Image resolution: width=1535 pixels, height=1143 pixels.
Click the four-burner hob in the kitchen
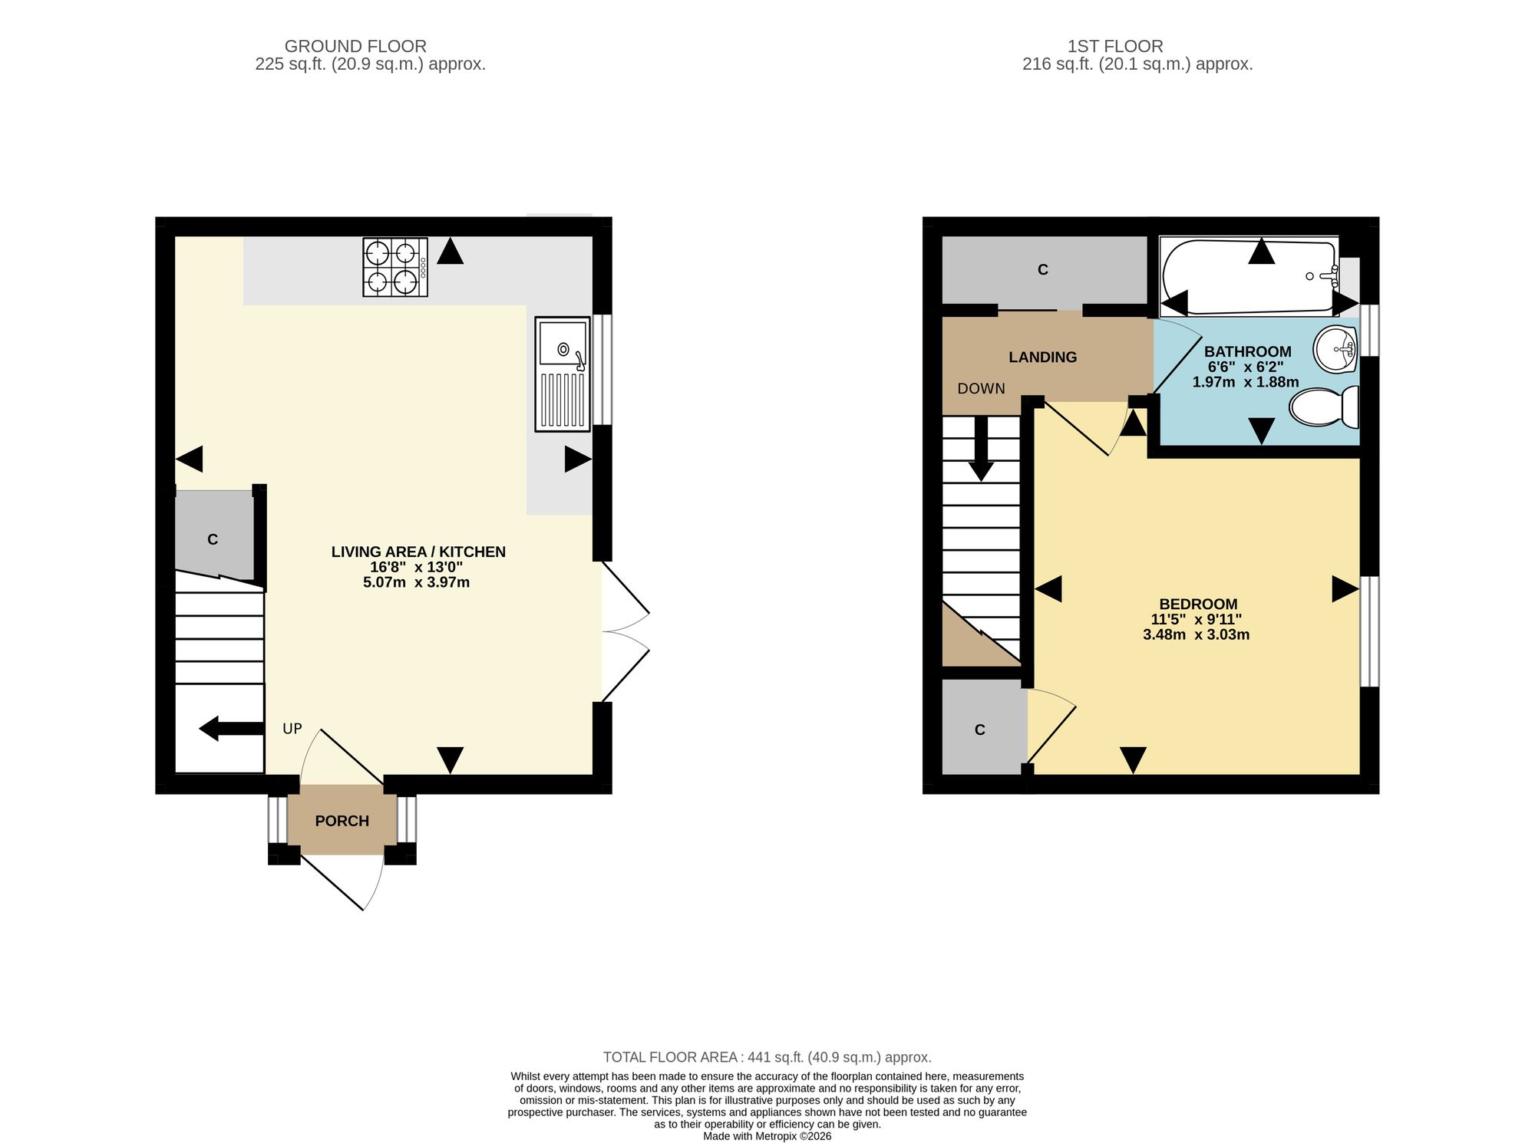point(395,267)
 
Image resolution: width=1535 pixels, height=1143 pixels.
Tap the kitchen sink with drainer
point(563,374)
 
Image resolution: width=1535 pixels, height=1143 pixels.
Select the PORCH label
point(342,821)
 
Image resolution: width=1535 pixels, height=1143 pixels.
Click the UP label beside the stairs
point(292,729)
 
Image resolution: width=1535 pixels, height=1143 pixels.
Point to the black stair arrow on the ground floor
point(231,728)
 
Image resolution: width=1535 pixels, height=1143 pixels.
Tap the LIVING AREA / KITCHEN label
point(418,552)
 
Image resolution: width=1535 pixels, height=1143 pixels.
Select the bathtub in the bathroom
point(1249,277)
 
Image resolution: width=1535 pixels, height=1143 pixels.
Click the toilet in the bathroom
point(1324,407)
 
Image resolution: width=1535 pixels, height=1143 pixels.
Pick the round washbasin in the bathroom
point(1336,350)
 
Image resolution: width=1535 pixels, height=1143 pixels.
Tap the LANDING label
point(1042,357)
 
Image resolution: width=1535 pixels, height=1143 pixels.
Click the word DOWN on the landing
point(981,388)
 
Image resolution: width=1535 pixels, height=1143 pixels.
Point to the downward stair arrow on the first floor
point(981,449)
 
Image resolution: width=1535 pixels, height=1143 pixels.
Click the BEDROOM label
point(1198,604)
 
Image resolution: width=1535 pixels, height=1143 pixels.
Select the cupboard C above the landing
point(1044,270)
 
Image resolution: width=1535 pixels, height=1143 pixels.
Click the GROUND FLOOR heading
point(355,46)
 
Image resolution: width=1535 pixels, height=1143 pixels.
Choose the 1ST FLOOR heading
point(1115,46)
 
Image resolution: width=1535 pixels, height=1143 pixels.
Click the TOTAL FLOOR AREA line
point(767,1057)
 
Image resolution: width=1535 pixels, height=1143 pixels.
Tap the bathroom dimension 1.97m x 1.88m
point(1246,382)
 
